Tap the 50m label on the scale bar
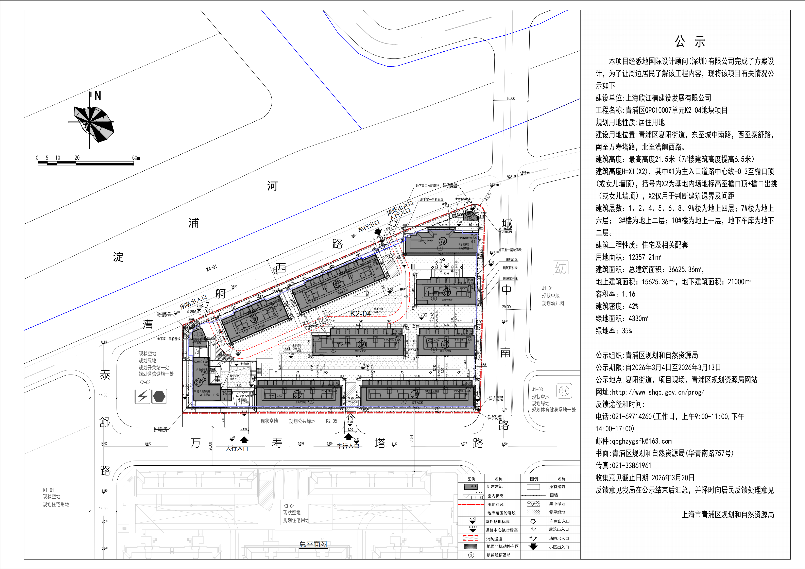click(136, 158)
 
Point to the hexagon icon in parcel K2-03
click(159, 397)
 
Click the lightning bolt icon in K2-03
click(142, 397)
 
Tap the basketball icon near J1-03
click(564, 391)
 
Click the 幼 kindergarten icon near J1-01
click(561, 268)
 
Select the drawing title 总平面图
click(313, 544)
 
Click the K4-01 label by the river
click(211, 268)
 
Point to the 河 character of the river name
click(272, 186)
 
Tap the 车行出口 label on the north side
click(369, 226)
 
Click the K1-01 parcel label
click(48, 490)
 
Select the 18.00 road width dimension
click(511, 99)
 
